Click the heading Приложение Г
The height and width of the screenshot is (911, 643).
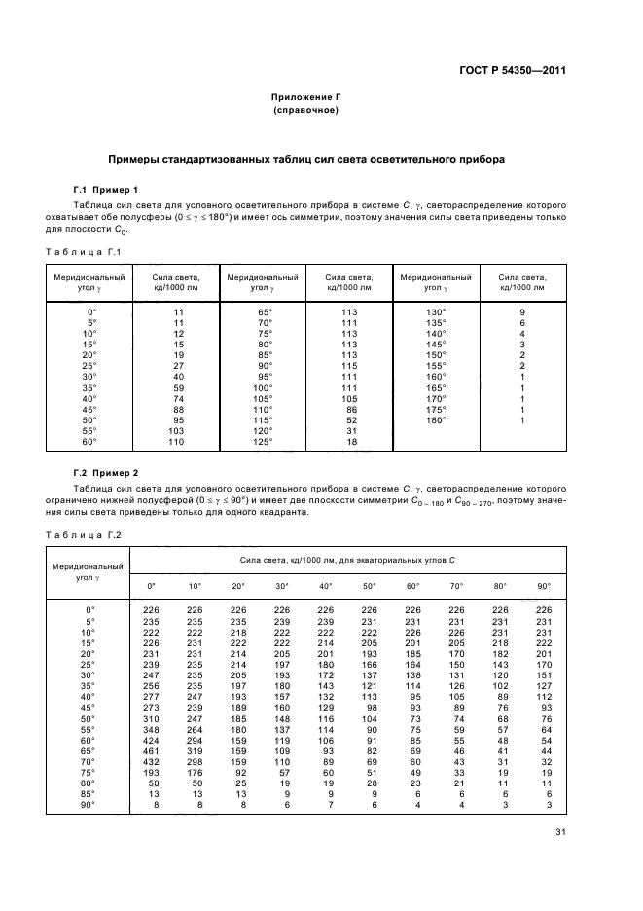pos(305,98)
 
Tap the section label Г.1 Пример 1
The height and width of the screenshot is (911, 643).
pos(106,189)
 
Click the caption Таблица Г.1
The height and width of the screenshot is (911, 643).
pos(83,252)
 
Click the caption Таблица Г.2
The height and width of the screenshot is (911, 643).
pos(83,534)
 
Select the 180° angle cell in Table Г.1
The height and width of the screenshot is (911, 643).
pos(435,419)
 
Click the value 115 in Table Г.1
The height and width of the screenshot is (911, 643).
pos(350,365)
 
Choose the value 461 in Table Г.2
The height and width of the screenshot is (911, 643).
pos(151,752)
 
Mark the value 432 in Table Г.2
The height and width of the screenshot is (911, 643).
pos(151,763)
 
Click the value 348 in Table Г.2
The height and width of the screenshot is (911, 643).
pos(151,730)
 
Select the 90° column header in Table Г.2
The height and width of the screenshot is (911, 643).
pos(544,586)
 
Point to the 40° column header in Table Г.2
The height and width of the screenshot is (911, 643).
pos(326,586)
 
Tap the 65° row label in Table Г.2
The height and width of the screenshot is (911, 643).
pos(89,752)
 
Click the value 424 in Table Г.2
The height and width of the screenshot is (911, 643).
pos(151,741)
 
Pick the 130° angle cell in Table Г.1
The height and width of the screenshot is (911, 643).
pos(435,310)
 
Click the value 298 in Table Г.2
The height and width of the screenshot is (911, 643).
pos(195,763)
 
